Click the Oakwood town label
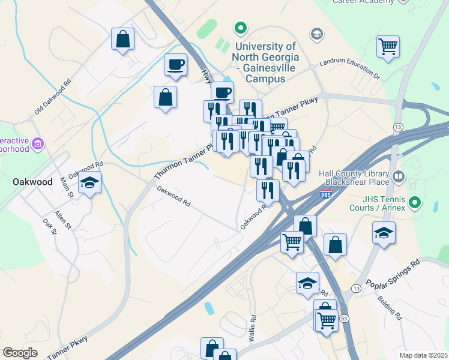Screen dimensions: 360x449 tap(32, 181)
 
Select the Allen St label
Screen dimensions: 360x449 tap(62, 219)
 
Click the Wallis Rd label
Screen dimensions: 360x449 tap(253, 329)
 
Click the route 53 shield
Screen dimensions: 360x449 tap(344, 317)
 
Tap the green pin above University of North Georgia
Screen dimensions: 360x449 tap(240, 28)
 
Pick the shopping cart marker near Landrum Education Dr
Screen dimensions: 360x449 tap(388, 46)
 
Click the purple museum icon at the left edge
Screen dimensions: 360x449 tap(38, 144)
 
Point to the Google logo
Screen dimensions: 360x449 tap(20, 352)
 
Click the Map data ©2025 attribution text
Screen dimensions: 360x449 tap(423, 355)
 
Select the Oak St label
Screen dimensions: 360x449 tap(48, 226)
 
